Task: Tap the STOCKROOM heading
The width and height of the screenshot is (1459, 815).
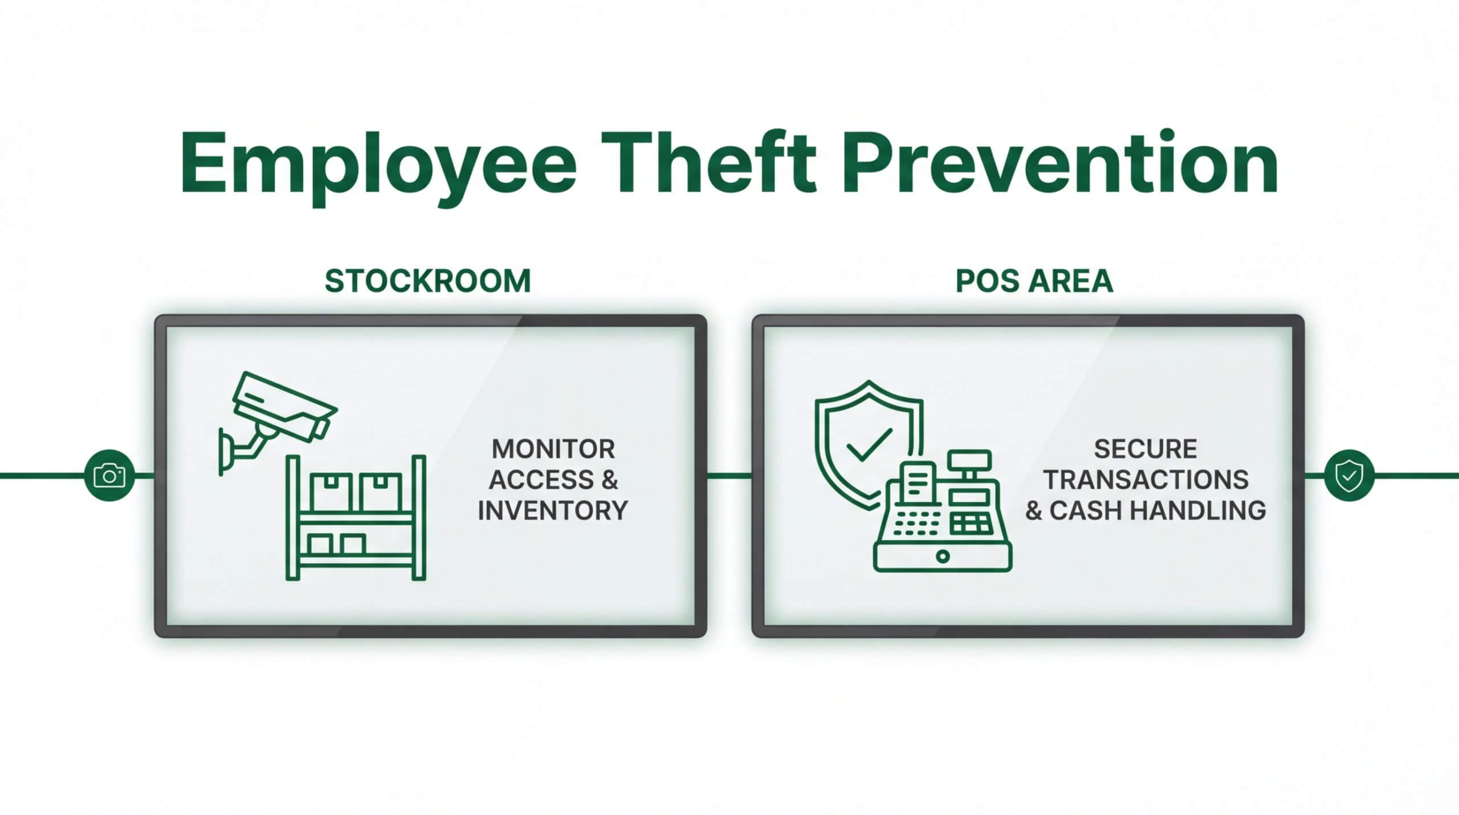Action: tap(427, 281)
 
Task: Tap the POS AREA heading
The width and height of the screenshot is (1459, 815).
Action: tap(1034, 281)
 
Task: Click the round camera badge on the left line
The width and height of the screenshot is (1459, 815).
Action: tap(109, 476)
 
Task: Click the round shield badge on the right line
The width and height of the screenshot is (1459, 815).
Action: tap(1349, 476)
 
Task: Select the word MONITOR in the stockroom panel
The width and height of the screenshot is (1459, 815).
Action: tap(553, 449)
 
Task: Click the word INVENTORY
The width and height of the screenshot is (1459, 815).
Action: tap(552, 510)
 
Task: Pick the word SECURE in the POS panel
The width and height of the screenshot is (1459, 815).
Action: tap(1146, 449)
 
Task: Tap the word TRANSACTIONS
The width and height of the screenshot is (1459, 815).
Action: tap(1146, 480)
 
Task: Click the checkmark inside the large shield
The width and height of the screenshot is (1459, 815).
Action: tap(869, 445)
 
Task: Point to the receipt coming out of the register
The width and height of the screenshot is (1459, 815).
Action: tap(918, 482)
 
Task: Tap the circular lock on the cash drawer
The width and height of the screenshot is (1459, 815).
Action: tap(943, 556)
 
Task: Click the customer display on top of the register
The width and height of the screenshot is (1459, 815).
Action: tap(969, 459)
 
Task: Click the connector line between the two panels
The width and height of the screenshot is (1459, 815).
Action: tap(729, 475)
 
